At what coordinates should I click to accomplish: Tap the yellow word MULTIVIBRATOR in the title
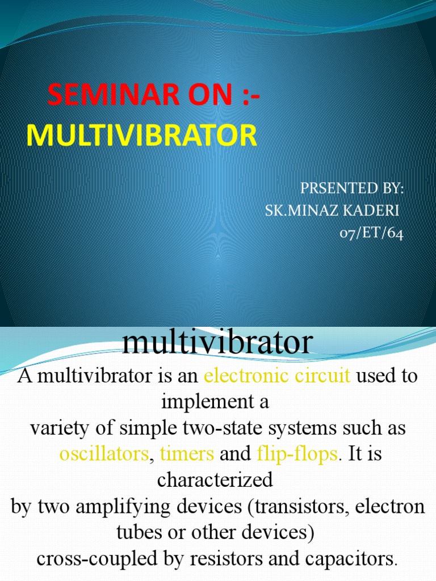point(142,136)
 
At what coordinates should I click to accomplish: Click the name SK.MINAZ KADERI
point(333,211)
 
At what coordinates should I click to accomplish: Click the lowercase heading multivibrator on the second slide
point(217,343)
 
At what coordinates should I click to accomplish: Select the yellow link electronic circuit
point(277,376)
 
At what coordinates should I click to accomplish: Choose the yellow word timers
point(187,454)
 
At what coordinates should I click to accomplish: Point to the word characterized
point(215,480)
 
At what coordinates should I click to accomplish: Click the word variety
point(57,428)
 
